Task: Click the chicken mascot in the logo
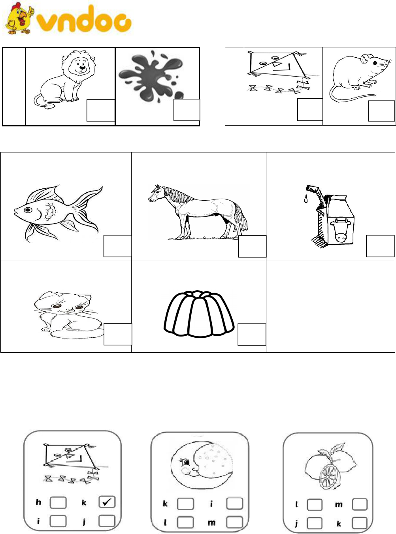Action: pos(19,19)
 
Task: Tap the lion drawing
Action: pos(64,79)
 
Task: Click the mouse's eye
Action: pos(375,63)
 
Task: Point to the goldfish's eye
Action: pos(28,210)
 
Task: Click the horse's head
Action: pos(157,194)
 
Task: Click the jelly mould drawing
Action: pos(199,314)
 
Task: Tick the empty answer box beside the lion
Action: pos(101,110)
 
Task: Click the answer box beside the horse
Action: pos(252,246)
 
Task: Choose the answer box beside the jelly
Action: pos(252,335)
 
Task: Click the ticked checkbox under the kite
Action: pos(107,502)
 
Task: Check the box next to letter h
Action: pos(58,502)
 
